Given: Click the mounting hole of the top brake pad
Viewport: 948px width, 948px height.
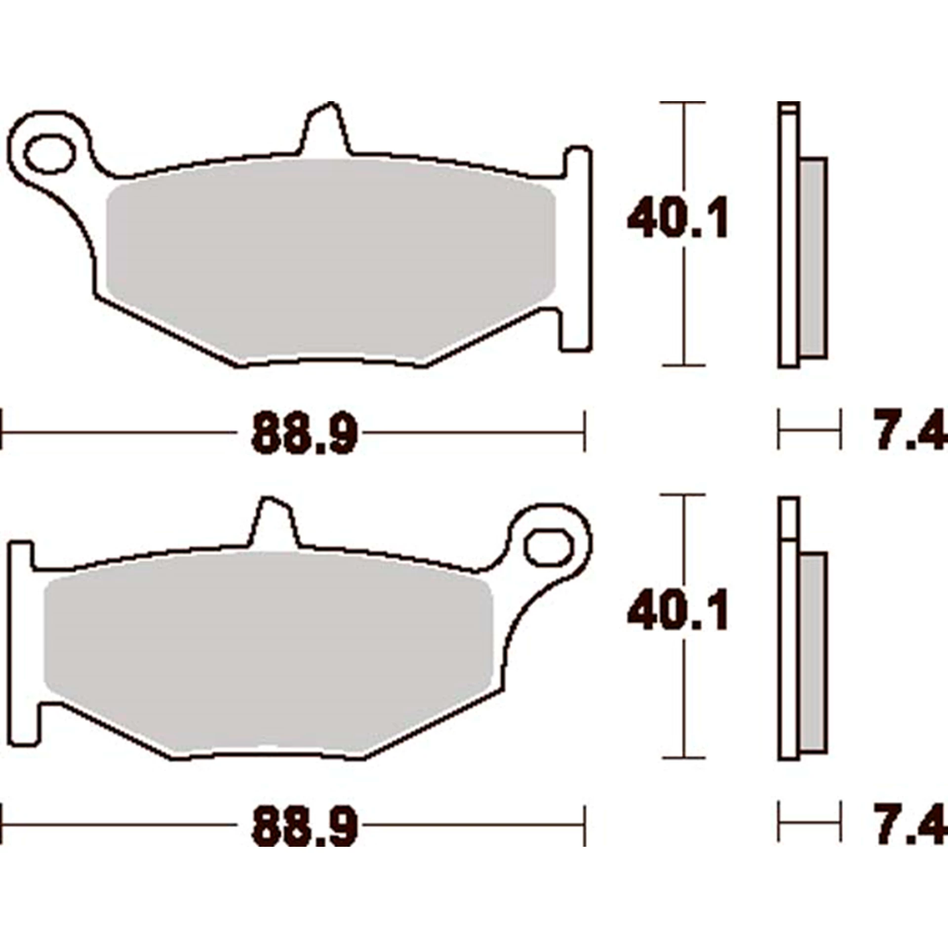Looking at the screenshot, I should (x=50, y=154).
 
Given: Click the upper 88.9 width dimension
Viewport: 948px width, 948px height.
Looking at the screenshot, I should (x=304, y=434).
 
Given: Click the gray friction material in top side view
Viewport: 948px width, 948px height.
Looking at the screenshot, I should (x=812, y=257).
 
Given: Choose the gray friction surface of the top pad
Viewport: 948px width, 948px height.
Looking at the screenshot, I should (x=331, y=257).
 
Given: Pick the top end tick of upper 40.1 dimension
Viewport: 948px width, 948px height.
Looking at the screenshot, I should (x=683, y=102).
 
